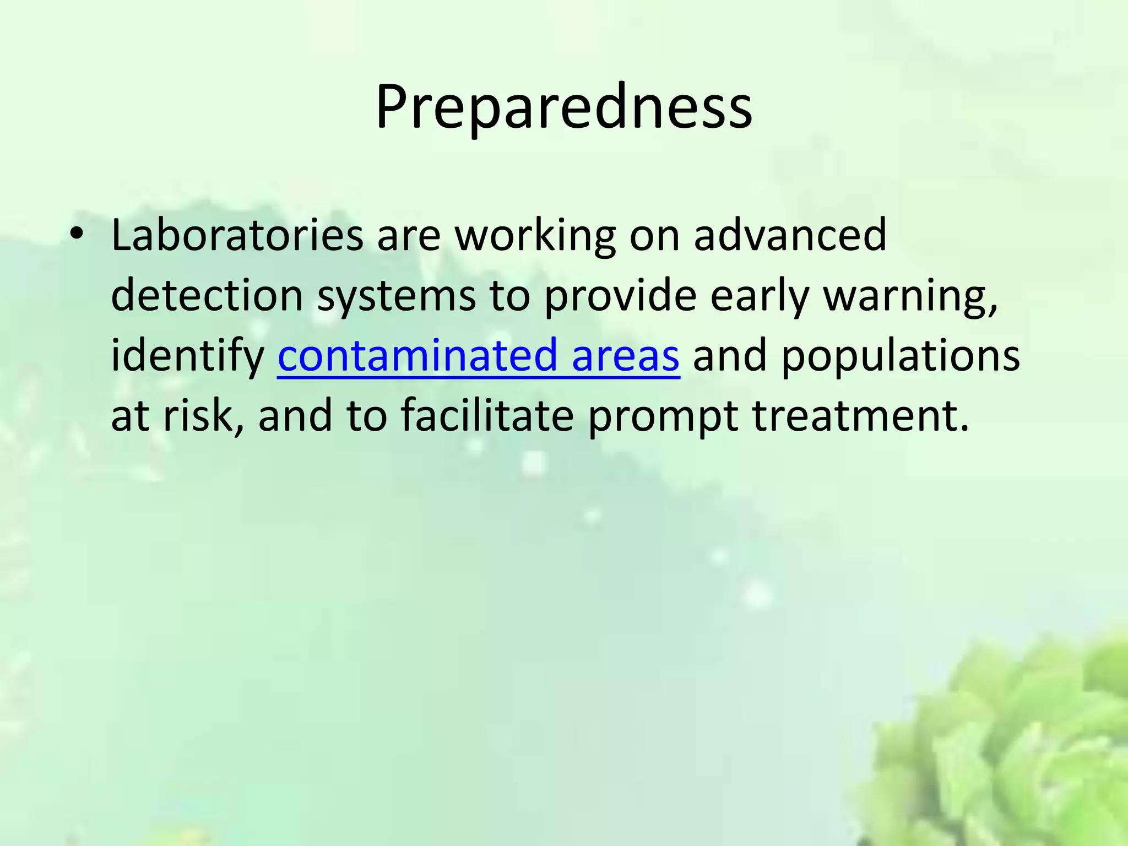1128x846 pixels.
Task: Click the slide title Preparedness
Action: (x=563, y=107)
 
